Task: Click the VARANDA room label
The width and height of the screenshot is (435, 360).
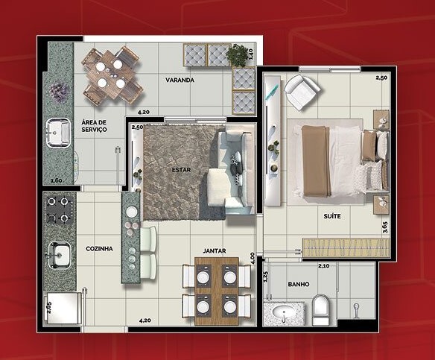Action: pyautogui.click(x=180, y=80)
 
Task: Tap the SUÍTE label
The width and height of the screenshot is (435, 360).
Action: pyautogui.click(x=332, y=216)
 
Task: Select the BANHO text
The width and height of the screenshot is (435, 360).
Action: pyautogui.click(x=299, y=284)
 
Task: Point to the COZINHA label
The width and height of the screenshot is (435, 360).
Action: pyautogui.click(x=99, y=249)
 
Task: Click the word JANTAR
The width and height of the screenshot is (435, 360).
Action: pyautogui.click(x=215, y=251)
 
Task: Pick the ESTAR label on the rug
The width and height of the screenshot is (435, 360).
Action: pyautogui.click(x=181, y=170)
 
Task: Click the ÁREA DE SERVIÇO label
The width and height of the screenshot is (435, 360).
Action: pyautogui.click(x=94, y=126)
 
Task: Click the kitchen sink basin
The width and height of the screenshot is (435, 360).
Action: pyautogui.click(x=59, y=256)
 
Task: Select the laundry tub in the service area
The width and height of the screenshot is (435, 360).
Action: pyautogui.click(x=58, y=133)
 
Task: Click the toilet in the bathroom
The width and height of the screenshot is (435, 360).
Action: pyautogui.click(x=320, y=310)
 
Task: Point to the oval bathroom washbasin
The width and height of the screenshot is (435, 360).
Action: pyautogui.click(x=284, y=313)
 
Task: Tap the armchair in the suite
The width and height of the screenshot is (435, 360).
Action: pyautogui.click(x=302, y=92)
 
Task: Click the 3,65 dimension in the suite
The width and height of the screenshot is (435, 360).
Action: pyautogui.click(x=385, y=227)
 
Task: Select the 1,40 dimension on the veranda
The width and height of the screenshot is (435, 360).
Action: pyautogui.click(x=250, y=54)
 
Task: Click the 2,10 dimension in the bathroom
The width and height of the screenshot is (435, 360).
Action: pyautogui.click(x=324, y=266)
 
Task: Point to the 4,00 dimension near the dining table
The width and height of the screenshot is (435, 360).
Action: pyautogui.click(x=253, y=258)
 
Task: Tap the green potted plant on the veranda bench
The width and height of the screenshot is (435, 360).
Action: pyautogui.click(x=237, y=55)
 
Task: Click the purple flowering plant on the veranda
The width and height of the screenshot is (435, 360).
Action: pyautogui.click(x=59, y=92)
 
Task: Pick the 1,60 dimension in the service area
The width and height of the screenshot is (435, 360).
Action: pyautogui.click(x=56, y=180)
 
